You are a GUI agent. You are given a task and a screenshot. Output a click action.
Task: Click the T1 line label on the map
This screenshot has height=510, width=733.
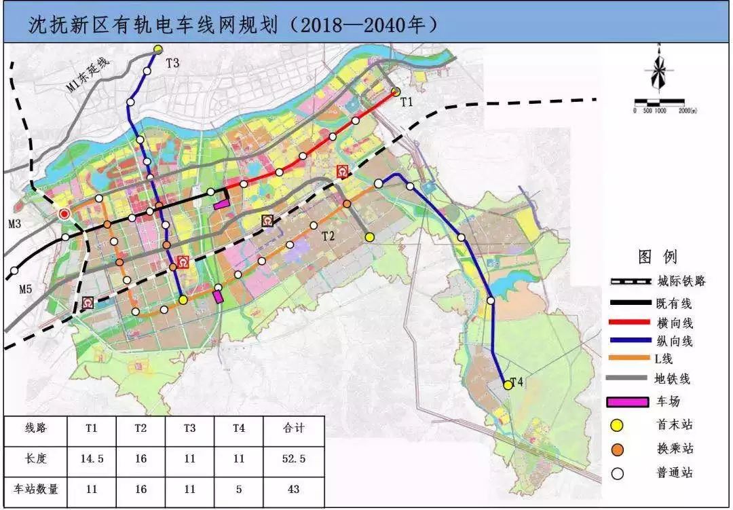point(406,103)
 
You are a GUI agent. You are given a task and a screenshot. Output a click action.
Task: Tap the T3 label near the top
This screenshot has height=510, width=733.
point(172,63)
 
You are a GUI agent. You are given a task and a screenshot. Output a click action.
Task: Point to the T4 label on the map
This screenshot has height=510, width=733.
point(516,382)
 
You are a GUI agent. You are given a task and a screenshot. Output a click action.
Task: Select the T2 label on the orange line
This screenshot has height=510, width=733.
point(328,236)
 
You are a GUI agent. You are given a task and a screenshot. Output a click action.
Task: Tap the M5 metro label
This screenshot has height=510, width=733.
point(25,290)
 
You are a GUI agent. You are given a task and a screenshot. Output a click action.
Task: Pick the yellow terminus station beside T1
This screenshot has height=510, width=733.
point(396,92)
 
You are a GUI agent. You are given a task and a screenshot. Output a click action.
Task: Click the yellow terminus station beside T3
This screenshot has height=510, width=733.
point(158,49)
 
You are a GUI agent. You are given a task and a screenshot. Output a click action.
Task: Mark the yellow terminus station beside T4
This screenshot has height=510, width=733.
point(507,385)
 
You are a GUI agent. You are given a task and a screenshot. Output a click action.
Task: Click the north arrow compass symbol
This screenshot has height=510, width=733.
point(658,68)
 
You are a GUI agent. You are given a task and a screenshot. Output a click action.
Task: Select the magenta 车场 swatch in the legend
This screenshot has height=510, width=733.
point(632,401)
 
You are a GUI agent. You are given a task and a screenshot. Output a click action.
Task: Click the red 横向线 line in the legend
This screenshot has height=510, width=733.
point(632,323)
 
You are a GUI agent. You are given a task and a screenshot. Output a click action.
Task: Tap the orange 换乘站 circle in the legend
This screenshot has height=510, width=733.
point(617,450)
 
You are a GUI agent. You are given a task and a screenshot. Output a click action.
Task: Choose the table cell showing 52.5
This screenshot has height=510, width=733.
point(294,459)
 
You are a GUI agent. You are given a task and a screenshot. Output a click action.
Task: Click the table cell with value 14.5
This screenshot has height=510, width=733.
point(92,459)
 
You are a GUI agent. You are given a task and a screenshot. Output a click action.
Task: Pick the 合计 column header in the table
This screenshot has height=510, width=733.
point(294,429)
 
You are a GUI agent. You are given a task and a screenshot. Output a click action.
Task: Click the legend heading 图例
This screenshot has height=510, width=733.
point(658,257)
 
